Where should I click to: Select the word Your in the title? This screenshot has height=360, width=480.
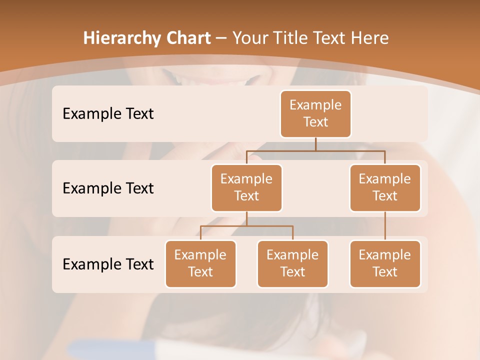pos(250,38)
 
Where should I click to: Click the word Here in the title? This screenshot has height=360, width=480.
pos(369,38)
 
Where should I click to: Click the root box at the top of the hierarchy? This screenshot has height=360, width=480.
pos(315,113)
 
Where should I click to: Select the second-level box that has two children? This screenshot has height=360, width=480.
pos(246,187)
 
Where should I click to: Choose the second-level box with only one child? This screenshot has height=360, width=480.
pos(385,187)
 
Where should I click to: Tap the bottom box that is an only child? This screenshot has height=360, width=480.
pos(385,263)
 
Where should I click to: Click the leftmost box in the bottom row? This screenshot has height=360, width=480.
pos(200,263)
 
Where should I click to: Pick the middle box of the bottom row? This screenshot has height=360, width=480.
pos(292,263)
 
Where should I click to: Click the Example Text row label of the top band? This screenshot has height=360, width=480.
pos(108,114)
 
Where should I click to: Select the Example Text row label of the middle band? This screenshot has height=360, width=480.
pos(108,188)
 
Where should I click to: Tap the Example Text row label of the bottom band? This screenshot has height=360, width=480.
pos(108,264)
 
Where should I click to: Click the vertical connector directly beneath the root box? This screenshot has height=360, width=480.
pos(315,144)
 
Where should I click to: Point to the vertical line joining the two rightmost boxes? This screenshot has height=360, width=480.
pos(385,226)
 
